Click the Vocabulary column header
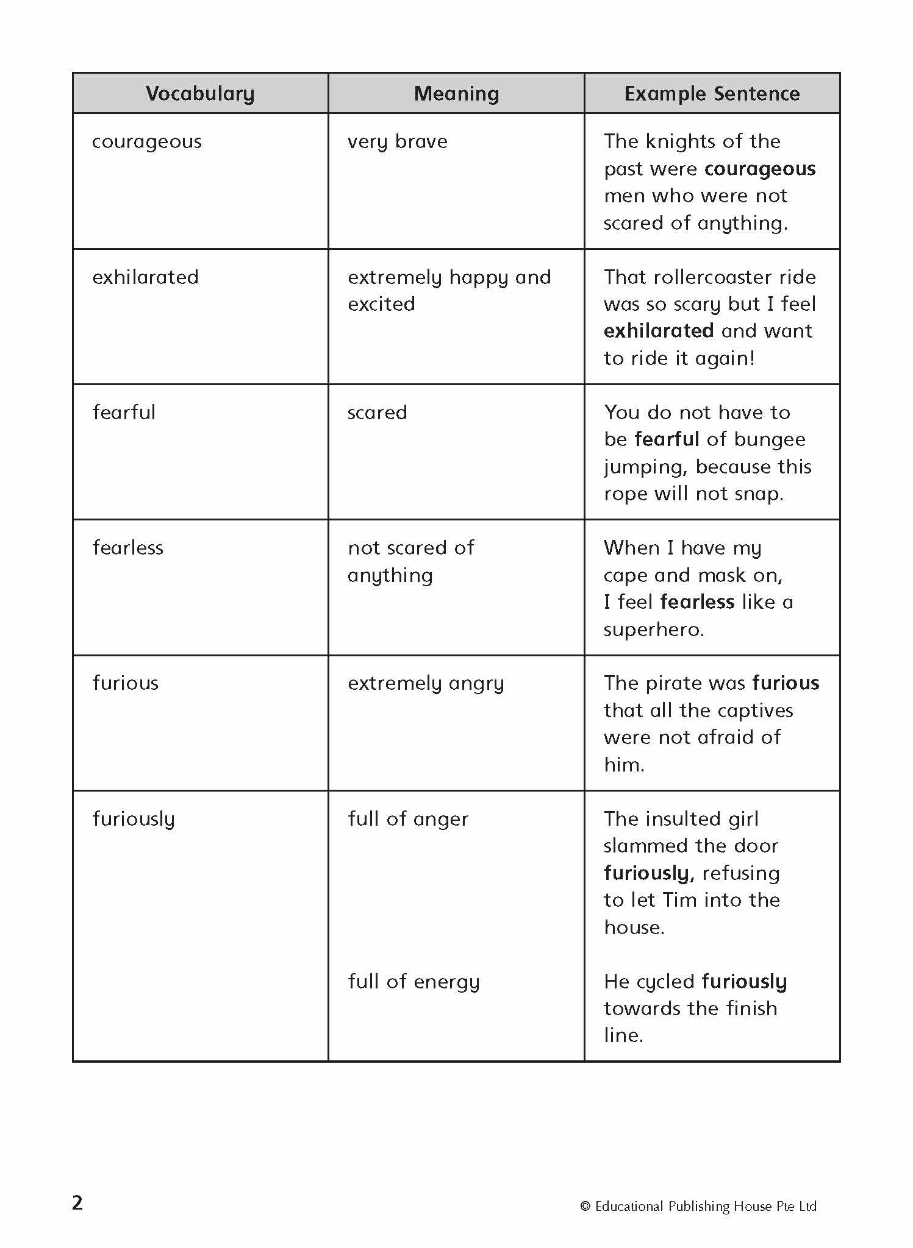coord(200,94)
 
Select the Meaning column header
coord(456,94)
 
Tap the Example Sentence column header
coord(712,94)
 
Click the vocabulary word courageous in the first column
coord(146,142)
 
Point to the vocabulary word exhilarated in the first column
coord(145,277)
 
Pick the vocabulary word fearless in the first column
coord(127,548)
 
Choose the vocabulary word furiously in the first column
coord(134,820)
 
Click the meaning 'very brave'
coord(397,142)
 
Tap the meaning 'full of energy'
coord(414,982)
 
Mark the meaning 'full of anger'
coord(408,819)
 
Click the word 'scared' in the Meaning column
coord(377,413)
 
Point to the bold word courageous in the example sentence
coord(760,169)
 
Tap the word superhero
coord(653,629)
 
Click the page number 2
coord(77,1202)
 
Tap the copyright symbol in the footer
coord(585,1206)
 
